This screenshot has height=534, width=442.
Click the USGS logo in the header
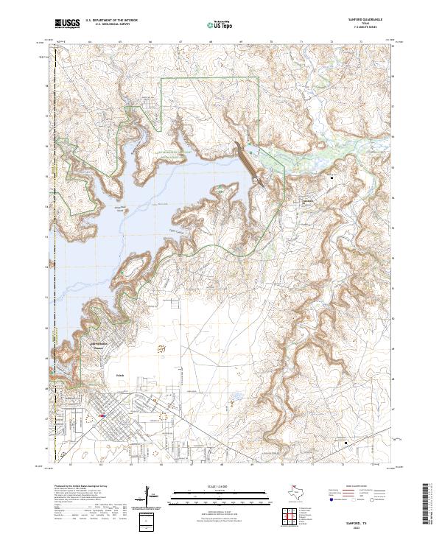tap(67, 24)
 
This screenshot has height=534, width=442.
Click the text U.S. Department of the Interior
tap(111, 21)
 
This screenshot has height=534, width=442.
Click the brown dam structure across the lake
tap(248, 163)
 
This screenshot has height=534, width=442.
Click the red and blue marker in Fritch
tap(102, 415)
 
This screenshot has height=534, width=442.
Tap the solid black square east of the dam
tap(331, 178)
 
